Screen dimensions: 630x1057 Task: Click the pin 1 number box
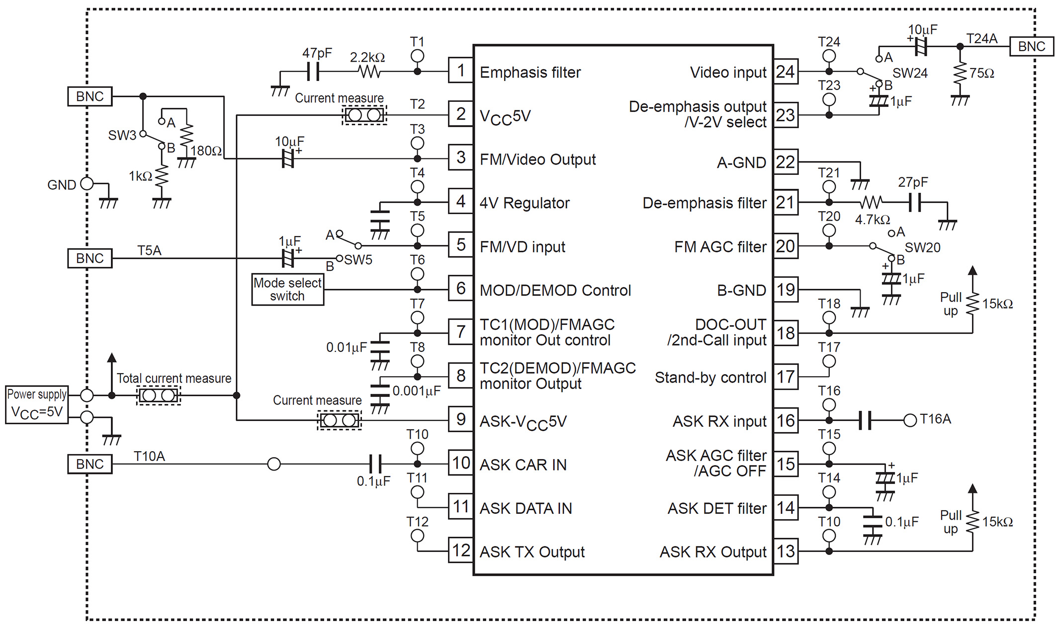click(460, 71)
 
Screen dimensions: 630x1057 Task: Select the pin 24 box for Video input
click(786, 72)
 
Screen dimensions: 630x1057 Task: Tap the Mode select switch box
click(287, 289)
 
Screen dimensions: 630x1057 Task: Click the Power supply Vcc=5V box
click(36, 404)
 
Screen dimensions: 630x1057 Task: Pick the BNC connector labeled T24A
click(1031, 46)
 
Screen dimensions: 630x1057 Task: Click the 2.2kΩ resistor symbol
click(370, 72)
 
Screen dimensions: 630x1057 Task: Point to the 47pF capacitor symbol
click(313, 72)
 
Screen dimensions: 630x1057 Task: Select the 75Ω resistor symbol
click(960, 73)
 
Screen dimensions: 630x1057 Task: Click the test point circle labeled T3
click(417, 143)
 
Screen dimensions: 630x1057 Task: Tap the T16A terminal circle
click(910, 420)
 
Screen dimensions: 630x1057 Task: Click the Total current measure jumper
click(158, 395)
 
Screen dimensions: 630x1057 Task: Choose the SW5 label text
click(358, 260)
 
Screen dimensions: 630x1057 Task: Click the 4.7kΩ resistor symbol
click(871, 202)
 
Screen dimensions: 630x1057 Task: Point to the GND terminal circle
click(87, 183)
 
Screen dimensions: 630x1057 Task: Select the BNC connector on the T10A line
click(89, 464)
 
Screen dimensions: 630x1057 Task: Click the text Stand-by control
click(710, 378)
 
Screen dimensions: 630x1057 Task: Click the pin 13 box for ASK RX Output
click(786, 551)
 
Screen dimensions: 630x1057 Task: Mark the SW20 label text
click(922, 247)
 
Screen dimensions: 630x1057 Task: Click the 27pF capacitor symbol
click(914, 202)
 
